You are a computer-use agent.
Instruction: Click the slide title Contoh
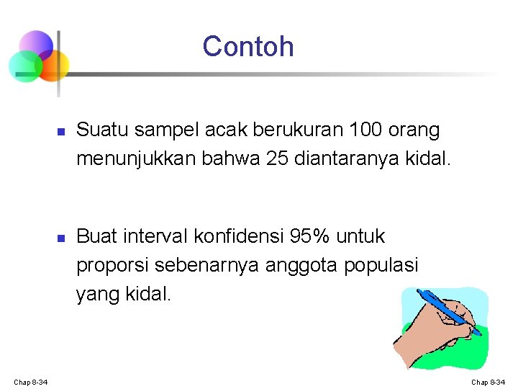(x=248, y=46)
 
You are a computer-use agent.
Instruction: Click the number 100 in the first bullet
(x=366, y=130)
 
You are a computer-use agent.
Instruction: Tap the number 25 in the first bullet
(x=278, y=158)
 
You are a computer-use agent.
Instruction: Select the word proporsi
(x=110, y=265)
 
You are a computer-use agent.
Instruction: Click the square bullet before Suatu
(x=61, y=132)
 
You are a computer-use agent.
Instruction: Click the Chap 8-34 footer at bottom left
(x=30, y=381)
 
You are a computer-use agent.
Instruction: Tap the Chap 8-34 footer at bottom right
(x=488, y=381)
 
